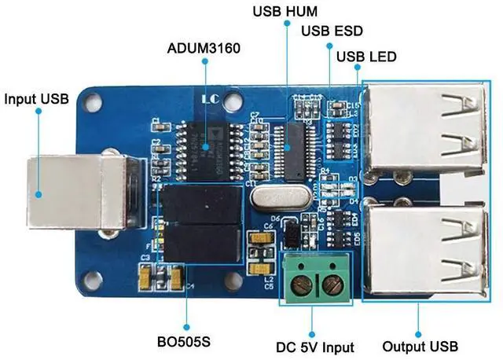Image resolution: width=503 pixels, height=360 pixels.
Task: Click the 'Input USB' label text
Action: point(37,99)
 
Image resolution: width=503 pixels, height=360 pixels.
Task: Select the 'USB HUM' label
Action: point(284,13)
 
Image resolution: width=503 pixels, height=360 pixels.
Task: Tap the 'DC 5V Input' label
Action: point(315,346)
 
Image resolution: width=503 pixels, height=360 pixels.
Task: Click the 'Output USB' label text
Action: point(419,346)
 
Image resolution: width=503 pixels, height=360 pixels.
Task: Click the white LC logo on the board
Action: point(210,101)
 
